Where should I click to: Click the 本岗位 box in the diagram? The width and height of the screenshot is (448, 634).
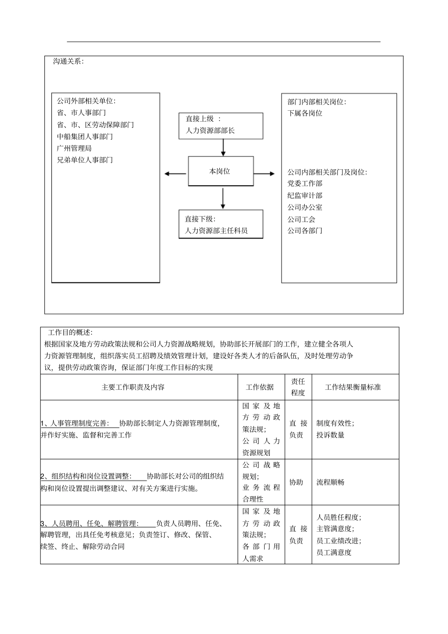[221, 171]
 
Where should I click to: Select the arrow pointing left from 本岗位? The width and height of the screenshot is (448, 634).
[175, 174]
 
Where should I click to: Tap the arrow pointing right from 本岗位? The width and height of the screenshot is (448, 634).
[264, 174]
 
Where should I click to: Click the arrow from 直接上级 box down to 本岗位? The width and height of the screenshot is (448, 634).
[223, 148]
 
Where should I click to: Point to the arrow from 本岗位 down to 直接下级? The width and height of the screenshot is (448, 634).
[223, 198]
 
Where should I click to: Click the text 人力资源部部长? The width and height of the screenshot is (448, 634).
[210, 131]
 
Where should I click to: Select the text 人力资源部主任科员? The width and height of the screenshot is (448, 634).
[216, 231]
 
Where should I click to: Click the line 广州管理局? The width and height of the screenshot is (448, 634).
[74, 148]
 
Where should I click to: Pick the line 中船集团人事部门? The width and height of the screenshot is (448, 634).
[85, 136]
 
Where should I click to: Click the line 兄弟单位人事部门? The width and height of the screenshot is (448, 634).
[85, 160]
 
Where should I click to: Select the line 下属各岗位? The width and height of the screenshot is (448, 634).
[305, 113]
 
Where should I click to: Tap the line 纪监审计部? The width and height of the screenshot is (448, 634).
[305, 195]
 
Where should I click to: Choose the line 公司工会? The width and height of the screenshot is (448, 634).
[301, 219]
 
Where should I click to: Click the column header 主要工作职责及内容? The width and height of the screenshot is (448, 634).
[133, 387]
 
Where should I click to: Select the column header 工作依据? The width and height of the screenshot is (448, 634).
[260, 387]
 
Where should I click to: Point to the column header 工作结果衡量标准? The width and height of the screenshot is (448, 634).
[353, 387]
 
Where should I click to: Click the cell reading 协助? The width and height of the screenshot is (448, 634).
[296, 482]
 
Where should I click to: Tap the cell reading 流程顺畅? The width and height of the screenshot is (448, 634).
[330, 482]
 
